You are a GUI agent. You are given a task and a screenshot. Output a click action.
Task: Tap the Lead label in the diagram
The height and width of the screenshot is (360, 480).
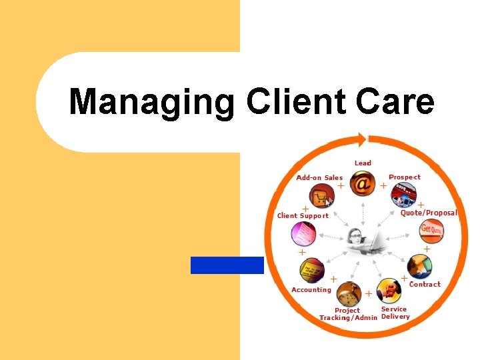pyautogui.click(x=363, y=163)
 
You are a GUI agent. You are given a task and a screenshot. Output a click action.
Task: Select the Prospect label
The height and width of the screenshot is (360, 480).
pyautogui.click(x=405, y=177)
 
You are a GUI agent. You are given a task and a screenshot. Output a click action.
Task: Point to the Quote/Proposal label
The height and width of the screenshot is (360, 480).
pyautogui.click(x=429, y=213)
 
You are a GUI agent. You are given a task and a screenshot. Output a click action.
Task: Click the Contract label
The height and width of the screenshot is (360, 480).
pyautogui.click(x=425, y=285)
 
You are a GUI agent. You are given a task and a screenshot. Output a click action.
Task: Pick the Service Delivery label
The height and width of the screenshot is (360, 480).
pyautogui.click(x=395, y=313)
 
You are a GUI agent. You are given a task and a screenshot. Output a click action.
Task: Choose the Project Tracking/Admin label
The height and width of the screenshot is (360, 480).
pyautogui.click(x=348, y=314)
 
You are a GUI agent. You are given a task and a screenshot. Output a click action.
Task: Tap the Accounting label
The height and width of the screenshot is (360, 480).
pyautogui.click(x=311, y=290)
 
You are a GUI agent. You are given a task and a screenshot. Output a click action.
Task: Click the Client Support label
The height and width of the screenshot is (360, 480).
pyautogui.click(x=303, y=216)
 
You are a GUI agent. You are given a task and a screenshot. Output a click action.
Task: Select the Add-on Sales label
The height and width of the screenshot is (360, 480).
pyautogui.click(x=319, y=178)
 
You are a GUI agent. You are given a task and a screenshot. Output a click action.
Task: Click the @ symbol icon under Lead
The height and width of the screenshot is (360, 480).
pyautogui.click(x=362, y=183)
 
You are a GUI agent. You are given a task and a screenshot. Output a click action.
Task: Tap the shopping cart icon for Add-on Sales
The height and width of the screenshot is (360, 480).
pyautogui.click(x=321, y=197)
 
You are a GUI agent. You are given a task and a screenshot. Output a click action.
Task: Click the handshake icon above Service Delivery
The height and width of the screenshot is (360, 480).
pyautogui.click(x=389, y=291)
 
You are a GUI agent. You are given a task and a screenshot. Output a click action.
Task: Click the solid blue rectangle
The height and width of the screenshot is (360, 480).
pyautogui.click(x=227, y=265)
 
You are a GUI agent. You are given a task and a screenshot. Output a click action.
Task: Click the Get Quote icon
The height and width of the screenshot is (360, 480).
pyautogui.click(x=431, y=230)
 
